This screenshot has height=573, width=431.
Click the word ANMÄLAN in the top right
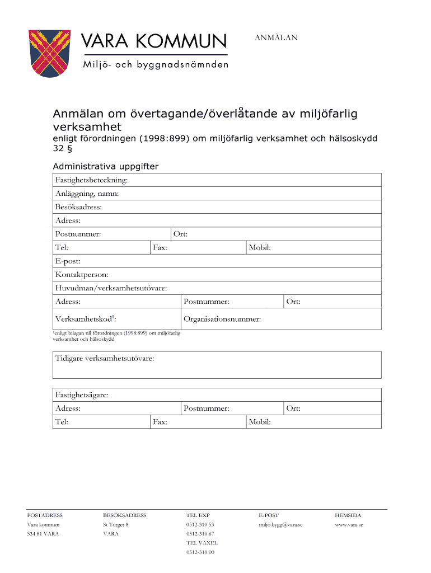tap(276, 37)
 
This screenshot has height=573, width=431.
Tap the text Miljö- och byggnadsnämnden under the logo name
tap(155, 65)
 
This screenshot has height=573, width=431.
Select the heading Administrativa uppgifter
tap(105, 166)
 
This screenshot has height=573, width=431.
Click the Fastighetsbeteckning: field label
tap(91, 180)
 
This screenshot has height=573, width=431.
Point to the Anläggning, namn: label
tap(87, 194)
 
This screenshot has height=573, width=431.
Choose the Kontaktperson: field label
tap(82, 275)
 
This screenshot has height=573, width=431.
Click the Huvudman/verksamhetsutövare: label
tap(111, 288)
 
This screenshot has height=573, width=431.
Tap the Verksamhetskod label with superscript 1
tap(86, 319)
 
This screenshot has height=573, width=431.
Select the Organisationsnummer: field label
tap(222, 320)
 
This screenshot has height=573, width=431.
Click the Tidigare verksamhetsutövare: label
tap(105, 358)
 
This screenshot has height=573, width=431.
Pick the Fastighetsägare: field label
tap(82, 395)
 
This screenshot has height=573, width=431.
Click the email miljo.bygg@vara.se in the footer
tap(280, 525)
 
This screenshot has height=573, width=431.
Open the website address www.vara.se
tap(349, 525)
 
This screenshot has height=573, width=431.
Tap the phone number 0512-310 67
tap(200, 534)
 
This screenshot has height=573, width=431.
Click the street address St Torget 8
tap(116, 525)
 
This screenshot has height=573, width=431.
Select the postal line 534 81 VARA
tap(43, 534)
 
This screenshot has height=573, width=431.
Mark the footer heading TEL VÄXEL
tap(202, 543)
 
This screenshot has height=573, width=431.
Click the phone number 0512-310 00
tap(200, 552)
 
